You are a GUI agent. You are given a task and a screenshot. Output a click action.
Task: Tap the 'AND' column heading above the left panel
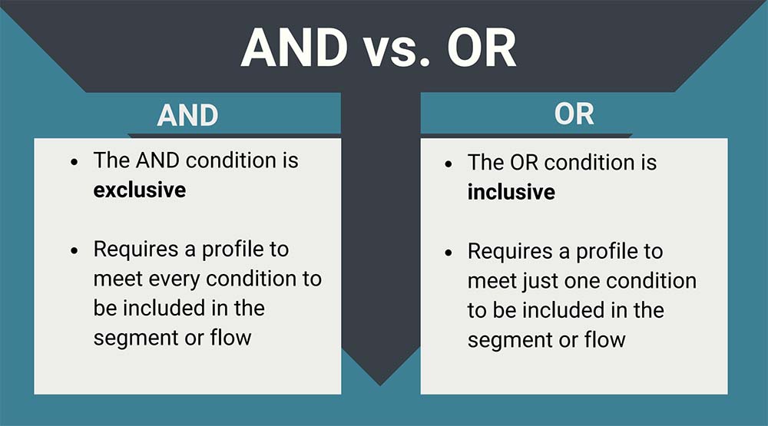pyautogui.click(x=188, y=115)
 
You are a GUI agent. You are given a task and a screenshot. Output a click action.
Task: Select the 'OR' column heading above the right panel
pyautogui.click(x=574, y=114)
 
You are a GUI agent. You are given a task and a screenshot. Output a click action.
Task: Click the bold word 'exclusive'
pyautogui.click(x=139, y=189)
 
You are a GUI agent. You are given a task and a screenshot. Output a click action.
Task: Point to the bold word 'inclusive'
pyautogui.click(x=511, y=191)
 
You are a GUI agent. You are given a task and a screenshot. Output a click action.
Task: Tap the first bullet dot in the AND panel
pyautogui.click(x=74, y=163)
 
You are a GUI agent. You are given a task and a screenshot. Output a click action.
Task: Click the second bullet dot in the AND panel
pyautogui.click(x=74, y=251)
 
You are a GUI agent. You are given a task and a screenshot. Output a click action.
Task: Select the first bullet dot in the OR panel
pyautogui.click(x=449, y=164)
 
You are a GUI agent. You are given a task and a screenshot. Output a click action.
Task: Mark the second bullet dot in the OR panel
pyautogui.click(x=449, y=253)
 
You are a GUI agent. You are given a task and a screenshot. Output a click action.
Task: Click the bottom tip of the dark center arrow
pyautogui.click(x=380, y=384)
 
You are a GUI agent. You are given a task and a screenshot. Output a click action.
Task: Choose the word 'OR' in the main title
pyautogui.click(x=481, y=48)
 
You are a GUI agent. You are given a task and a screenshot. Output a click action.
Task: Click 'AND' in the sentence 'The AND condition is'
pyautogui.click(x=156, y=160)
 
